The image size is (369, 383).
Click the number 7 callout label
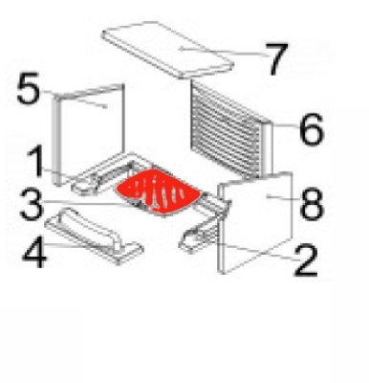(278, 59)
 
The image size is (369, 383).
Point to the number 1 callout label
(36, 161)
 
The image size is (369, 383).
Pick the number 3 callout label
(31, 204)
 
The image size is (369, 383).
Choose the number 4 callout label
(35, 252)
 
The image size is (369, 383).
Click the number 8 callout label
(312, 204)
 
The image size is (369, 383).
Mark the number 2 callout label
(306, 259)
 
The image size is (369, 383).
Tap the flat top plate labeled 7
(168, 49)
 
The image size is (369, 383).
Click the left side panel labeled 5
(88, 134)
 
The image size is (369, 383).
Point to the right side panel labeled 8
(255, 222)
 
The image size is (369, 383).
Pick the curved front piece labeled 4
(94, 236)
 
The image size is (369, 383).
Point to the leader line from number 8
(283, 197)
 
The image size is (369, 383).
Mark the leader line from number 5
(74, 99)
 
